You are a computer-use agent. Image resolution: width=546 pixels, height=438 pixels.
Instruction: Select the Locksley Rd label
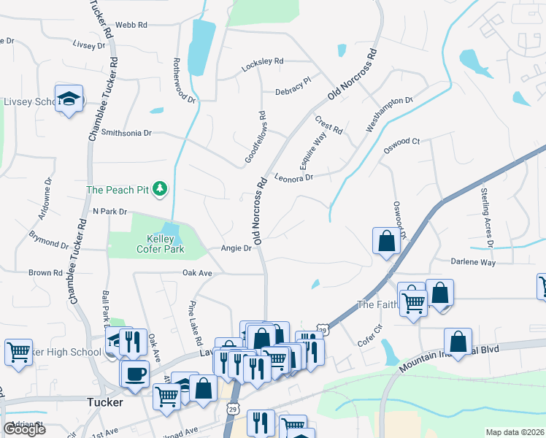262,63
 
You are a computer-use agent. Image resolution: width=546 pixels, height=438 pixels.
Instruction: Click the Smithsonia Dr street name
126,133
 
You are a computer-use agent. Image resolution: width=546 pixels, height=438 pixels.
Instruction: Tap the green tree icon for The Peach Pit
161,190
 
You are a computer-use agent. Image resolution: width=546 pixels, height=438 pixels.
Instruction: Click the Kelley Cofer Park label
161,244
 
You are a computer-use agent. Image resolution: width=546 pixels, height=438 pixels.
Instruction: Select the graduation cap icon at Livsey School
69,99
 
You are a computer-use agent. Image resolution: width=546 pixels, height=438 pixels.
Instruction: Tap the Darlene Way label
473,262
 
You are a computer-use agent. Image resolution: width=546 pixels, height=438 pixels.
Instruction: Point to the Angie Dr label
237,248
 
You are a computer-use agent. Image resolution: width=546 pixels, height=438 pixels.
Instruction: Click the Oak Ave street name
197,273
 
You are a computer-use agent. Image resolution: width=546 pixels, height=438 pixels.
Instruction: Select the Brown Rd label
45,273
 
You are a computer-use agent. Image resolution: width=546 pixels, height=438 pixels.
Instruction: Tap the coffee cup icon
135,374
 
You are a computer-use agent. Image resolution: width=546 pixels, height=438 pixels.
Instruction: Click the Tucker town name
104,401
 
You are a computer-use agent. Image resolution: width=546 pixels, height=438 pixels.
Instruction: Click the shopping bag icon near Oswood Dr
386,240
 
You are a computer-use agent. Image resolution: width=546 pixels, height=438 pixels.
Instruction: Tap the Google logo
24,429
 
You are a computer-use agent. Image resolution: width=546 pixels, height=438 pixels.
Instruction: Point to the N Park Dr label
109,211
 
